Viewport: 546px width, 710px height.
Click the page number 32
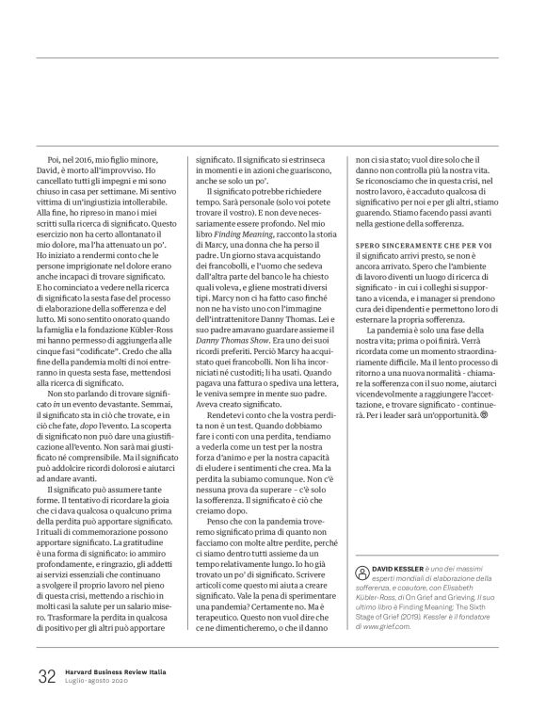46,677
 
